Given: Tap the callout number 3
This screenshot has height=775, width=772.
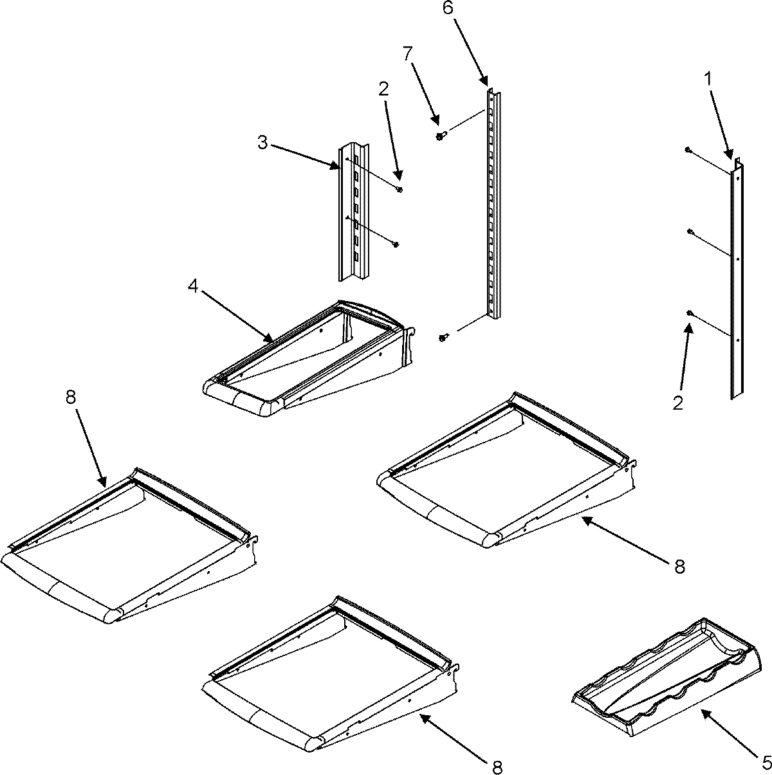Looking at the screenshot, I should (x=262, y=142).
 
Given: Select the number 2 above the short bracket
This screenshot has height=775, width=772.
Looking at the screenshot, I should (x=384, y=90).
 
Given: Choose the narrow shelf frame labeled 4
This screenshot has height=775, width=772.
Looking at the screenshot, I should (x=309, y=360).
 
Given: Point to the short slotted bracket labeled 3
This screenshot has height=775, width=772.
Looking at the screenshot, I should (x=353, y=212).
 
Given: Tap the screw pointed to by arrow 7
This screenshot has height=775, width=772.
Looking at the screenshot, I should (x=440, y=135).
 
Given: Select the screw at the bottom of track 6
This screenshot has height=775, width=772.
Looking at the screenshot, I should (x=442, y=338).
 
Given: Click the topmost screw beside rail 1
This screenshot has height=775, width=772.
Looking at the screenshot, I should (x=688, y=150).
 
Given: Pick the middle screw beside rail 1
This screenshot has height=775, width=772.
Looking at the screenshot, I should (x=690, y=232).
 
